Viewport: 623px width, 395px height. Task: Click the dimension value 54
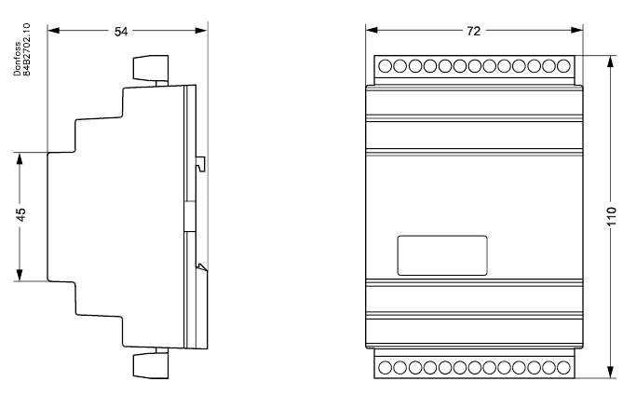(x=121, y=32)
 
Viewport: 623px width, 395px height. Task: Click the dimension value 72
(x=474, y=31)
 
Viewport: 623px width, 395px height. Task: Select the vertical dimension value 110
(x=612, y=216)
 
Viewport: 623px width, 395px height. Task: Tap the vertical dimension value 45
(x=20, y=214)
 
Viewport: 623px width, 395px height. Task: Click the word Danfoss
(x=17, y=59)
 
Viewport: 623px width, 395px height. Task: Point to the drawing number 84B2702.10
(x=26, y=49)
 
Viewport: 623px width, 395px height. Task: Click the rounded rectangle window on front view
(x=442, y=255)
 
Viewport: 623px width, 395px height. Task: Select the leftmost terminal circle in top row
(x=385, y=66)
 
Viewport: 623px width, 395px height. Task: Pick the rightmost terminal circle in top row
(x=563, y=66)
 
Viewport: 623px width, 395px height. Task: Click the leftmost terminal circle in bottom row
(x=385, y=368)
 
